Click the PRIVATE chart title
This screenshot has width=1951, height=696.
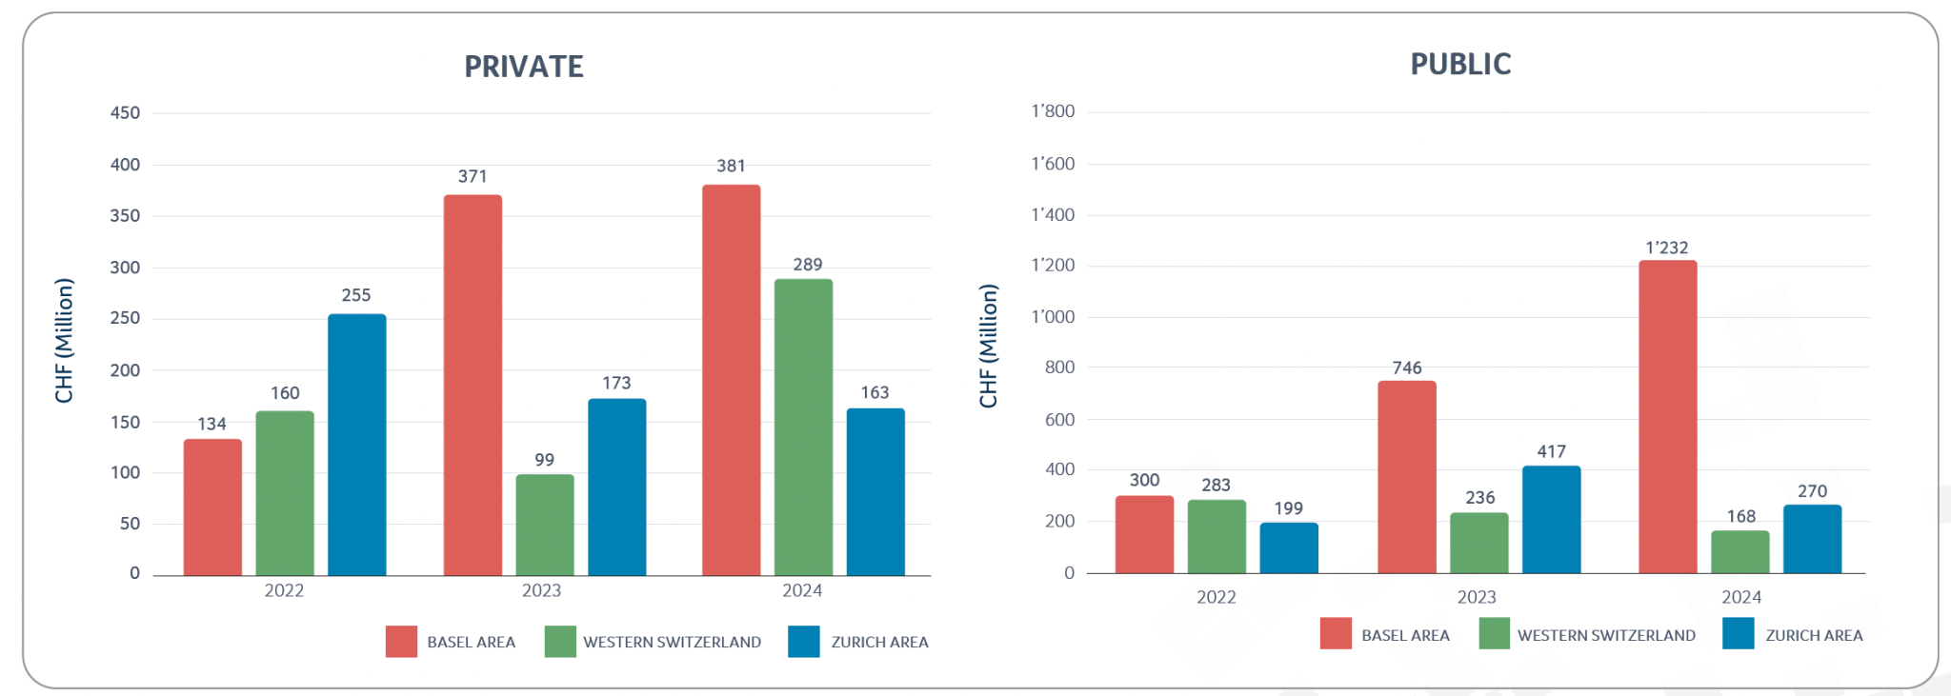point(523,67)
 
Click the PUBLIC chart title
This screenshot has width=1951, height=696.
point(1459,64)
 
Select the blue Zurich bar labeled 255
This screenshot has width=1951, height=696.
point(357,445)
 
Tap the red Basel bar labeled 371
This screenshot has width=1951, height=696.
point(473,386)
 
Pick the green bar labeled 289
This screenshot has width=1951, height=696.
point(803,428)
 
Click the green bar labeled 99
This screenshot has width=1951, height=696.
point(545,525)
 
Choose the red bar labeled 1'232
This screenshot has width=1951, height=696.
point(1667,417)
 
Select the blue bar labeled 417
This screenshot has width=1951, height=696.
point(1551,520)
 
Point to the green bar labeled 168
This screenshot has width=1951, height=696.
point(1740,552)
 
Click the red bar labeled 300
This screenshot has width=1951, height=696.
point(1144,534)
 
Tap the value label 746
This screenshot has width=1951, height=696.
point(1406,368)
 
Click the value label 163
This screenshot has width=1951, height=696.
point(875,392)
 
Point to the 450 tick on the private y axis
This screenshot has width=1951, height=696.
point(125,113)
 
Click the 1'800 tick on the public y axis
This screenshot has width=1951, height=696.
point(1053,111)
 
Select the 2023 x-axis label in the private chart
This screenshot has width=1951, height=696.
point(541,590)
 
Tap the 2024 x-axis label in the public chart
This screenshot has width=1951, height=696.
point(1740,597)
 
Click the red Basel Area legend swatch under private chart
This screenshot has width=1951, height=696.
point(401,642)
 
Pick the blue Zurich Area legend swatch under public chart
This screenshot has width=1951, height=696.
point(1738,634)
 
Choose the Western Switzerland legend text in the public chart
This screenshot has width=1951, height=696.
point(1606,635)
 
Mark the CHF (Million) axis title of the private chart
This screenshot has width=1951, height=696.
point(64,341)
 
